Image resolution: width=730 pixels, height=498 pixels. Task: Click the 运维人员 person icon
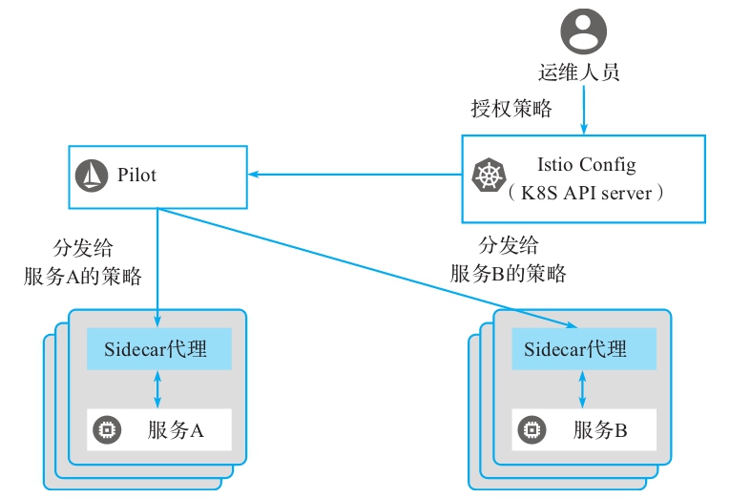(584, 30)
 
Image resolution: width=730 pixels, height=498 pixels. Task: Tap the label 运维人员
(584, 72)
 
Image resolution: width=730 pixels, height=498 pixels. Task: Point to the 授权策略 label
(511, 109)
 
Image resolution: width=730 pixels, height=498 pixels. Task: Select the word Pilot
(137, 176)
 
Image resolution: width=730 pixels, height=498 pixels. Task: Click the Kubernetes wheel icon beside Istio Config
(488, 176)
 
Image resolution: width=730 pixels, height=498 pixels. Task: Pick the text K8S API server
(585, 193)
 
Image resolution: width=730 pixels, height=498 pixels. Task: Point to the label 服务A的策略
(83, 277)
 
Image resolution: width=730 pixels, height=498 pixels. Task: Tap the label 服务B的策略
(509, 274)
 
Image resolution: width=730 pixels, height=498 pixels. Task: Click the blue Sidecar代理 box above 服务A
(158, 348)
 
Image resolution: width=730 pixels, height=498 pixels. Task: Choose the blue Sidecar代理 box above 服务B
(584, 349)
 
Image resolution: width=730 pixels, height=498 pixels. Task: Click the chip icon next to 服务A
(105, 431)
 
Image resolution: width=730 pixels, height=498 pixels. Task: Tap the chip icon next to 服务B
(530, 431)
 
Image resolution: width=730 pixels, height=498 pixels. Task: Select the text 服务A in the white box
(177, 431)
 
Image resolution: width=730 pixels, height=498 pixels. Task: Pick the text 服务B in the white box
(600, 431)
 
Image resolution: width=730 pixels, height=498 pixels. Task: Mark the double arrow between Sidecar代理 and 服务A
(158, 389)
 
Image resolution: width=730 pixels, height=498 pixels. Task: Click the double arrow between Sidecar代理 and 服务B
(584, 389)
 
